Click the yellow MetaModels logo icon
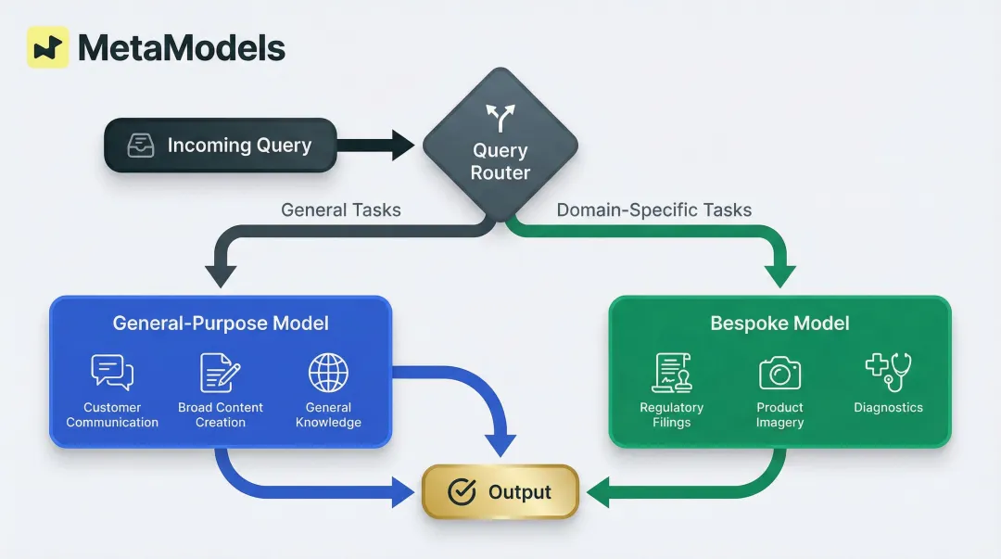pyautogui.click(x=47, y=47)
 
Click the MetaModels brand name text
pyautogui.click(x=182, y=48)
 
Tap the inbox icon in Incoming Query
pyautogui.click(x=141, y=146)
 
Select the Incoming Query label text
pyautogui.click(x=239, y=146)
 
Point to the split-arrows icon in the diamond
pyautogui.click(x=500, y=117)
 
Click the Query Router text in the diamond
pyautogui.click(x=500, y=161)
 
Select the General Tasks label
pyautogui.click(x=341, y=210)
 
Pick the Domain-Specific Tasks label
pyautogui.click(x=654, y=210)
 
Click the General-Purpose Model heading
pyautogui.click(x=221, y=324)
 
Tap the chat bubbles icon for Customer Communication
pyautogui.click(x=112, y=372)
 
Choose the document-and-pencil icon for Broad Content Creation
pyautogui.click(x=221, y=372)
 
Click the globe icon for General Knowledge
pyautogui.click(x=328, y=372)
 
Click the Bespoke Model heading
pyautogui.click(x=779, y=324)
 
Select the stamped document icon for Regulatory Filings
pyautogui.click(x=671, y=373)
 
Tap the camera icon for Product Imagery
pyautogui.click(x=779, y=373)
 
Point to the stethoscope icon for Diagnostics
pyautogui.click(x=888, y=371)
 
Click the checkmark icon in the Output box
pyautogui.click(x=462, y=492)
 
